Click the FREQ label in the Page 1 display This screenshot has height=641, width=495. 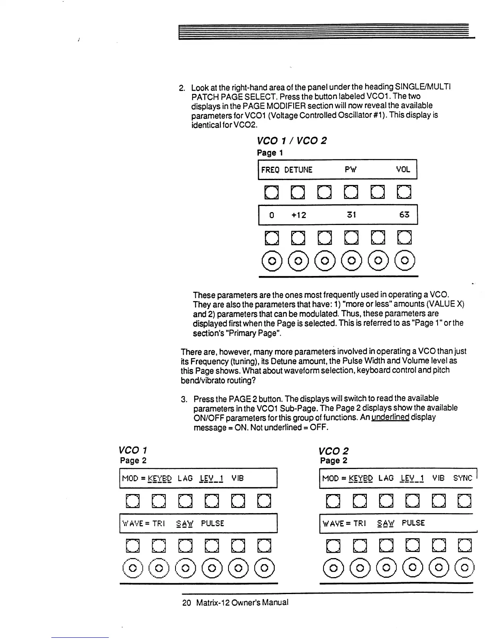[270, 170]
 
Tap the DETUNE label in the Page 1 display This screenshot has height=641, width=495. [298, 170]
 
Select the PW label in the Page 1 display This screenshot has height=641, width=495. [351, 170]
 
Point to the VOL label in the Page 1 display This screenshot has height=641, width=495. [403, 170]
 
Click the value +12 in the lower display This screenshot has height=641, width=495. [299, 215]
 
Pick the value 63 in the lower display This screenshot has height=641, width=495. [404, 215]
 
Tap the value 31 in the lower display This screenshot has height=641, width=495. [351, 215]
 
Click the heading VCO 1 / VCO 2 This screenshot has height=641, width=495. [292, 141]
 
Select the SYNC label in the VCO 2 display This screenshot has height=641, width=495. [463, 478]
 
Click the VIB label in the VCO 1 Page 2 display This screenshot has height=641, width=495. [238, 478]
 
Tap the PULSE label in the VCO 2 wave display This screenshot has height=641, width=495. [413, 523]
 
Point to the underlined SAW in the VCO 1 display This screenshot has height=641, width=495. [185, 523]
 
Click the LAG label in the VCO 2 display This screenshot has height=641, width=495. [386, 478]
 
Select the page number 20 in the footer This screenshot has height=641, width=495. [186, 603]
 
